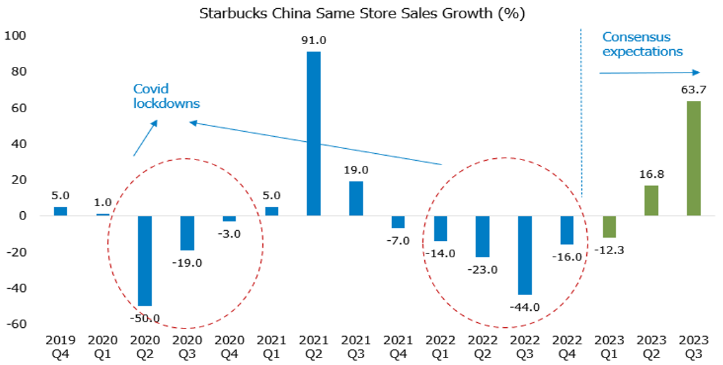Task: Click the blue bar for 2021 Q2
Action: [x=313, y=134]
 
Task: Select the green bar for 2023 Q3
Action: [x=693, y=158]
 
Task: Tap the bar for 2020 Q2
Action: [x=145, y=260]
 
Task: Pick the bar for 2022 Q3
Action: [x=524, y=255]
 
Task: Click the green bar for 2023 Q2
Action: [x=651, y=200]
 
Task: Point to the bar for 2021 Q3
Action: [x=356, y=199]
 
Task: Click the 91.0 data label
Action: [x=313, y=41]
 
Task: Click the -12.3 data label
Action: [x=609, y=250]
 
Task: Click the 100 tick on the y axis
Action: [x=14, y=36]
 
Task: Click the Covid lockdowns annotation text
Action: [x=166, y=96]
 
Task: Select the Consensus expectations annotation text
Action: [x=642, y=44]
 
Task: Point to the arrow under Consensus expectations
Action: [x=649, y=72]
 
